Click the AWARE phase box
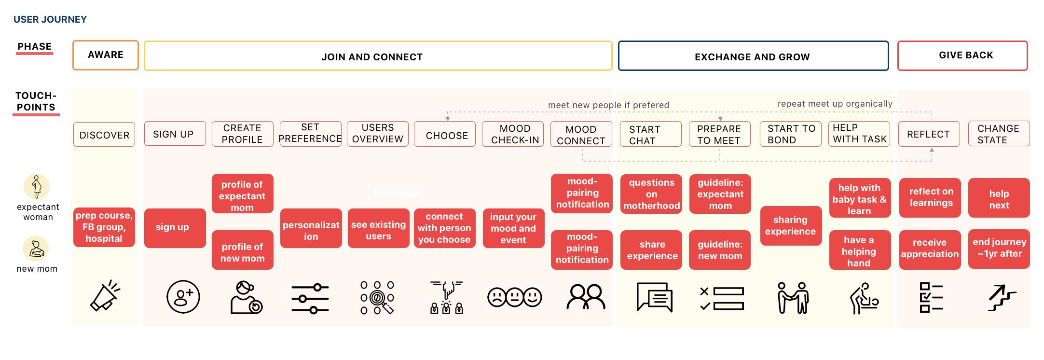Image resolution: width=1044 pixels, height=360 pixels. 106,55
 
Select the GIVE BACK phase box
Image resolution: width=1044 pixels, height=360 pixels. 962,55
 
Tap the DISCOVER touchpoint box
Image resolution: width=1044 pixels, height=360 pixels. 104,135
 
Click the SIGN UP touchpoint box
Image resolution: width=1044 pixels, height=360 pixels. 175,134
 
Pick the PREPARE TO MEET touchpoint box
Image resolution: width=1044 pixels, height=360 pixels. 720,134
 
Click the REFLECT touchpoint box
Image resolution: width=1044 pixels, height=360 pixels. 929,134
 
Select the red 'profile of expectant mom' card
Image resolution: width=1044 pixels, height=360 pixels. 243,194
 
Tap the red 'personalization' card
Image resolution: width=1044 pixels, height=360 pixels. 311,228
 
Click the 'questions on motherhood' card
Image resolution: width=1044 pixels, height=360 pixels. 651,194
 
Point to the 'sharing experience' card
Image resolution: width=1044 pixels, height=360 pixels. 791,226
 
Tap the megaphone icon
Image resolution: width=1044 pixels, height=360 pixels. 105,295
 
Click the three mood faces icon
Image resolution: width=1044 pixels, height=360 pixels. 514,297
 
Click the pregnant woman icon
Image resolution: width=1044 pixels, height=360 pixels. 37,187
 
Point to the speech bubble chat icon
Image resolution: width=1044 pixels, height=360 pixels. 655,297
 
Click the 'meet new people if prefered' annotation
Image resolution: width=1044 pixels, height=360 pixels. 608,105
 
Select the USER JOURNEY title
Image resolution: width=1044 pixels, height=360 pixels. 50,19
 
